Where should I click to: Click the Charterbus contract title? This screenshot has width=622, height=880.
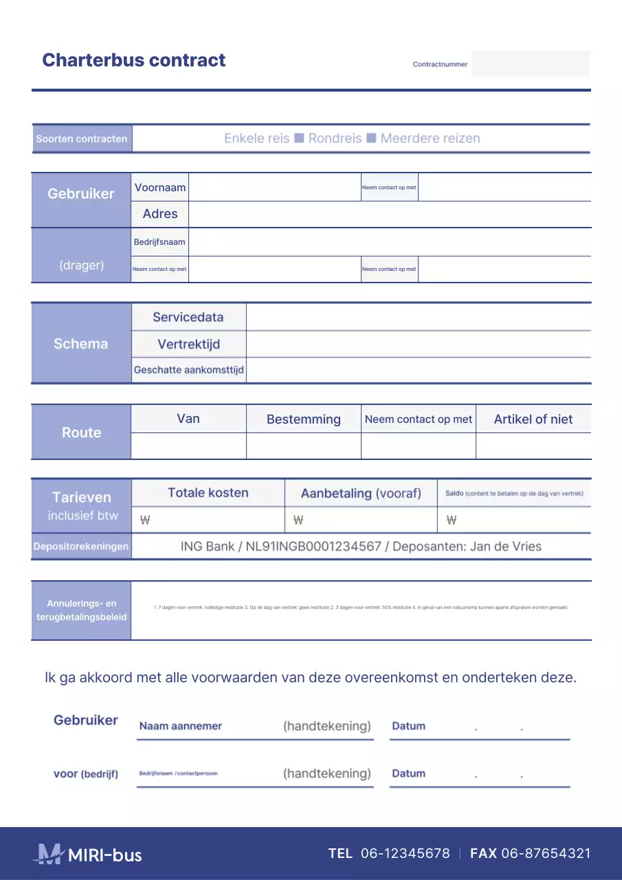click(x=133, y=60)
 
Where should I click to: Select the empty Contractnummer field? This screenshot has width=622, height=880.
click(x=530, y=64)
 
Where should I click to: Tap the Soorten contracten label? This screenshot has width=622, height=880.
click(x=82, y=139)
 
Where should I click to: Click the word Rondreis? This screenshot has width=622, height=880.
click(x=335, y=138)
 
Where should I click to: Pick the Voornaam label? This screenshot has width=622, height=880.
click(x=160, y=187)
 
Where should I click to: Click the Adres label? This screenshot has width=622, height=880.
click(x=160, y=214)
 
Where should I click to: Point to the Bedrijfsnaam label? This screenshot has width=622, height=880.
click(x=159, y=242)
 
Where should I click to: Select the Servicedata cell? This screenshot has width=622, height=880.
click(x=188, y=317)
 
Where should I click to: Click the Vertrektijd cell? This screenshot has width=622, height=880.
click(x=188, y=344)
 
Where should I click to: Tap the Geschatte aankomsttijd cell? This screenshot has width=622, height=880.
click(x=188, y=370)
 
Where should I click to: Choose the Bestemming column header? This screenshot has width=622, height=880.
click(x=303, y=419)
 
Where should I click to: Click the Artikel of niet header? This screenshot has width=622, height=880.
click(x=533, y=419)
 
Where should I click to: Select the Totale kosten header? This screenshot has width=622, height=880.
click(x=208, y=493)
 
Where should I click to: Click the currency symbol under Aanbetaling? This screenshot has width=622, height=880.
click(x=298, y=520)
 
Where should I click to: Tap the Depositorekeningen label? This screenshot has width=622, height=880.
click(x=81, y=547)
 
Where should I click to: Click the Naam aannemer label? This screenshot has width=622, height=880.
click(x=181, y=726)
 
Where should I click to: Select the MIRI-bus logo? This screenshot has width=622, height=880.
click(x=87, y=855)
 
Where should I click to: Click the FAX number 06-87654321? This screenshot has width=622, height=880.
click(x=546, y=854)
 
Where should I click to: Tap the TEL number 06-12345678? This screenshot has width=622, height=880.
click(x=405, y=854)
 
